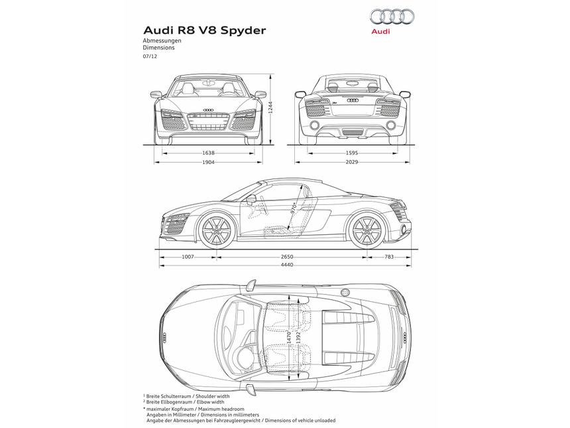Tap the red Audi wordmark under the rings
click(x=380, y=31)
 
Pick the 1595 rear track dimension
click(x=351, y=153)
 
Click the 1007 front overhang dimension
click(x=188, y=256)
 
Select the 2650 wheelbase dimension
click(x=286, y=256)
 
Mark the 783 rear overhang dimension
click(x=388, y=256)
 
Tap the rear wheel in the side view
click(x=366, y=231)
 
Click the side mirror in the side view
click(x=251, y=198)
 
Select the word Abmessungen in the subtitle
click(x=162, y=41)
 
